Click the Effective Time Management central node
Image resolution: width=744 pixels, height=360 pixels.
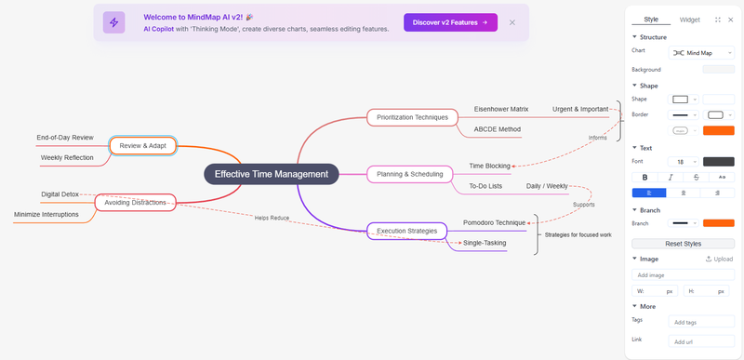(x=272, y=174)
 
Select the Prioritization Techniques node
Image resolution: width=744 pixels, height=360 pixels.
(x=412, y=117)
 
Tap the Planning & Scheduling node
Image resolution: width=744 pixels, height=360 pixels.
(x=409, y=174)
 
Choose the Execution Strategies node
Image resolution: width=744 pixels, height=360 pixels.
(x=406, y=231)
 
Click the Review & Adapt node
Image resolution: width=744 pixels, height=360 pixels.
(x=143, y=146)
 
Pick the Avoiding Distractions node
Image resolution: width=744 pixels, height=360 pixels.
(x=135, y=203)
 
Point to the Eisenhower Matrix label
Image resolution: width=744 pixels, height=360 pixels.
(x=501, y=109)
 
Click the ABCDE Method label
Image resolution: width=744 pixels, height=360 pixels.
(x=498, y=129)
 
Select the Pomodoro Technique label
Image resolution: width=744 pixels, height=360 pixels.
(x=495, y=222)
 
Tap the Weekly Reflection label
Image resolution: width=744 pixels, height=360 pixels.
(x=67, y=157)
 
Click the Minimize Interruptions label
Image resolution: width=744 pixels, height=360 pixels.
(x=46, y=214)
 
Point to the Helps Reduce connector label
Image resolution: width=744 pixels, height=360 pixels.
(x=272, y=219)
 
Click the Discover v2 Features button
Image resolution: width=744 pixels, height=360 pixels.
(x=450, y=22)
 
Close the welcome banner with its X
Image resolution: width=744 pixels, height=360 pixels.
(x=512, y=22)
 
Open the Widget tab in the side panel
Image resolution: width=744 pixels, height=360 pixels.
(x=689, y=20)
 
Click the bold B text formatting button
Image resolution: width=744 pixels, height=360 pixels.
(x=644, y=178)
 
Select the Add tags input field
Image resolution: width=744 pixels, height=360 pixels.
(x=701, y=322)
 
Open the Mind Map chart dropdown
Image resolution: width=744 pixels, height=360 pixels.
(x=701, y=53)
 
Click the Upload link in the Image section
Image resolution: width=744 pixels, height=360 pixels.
(x=719, y=259)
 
